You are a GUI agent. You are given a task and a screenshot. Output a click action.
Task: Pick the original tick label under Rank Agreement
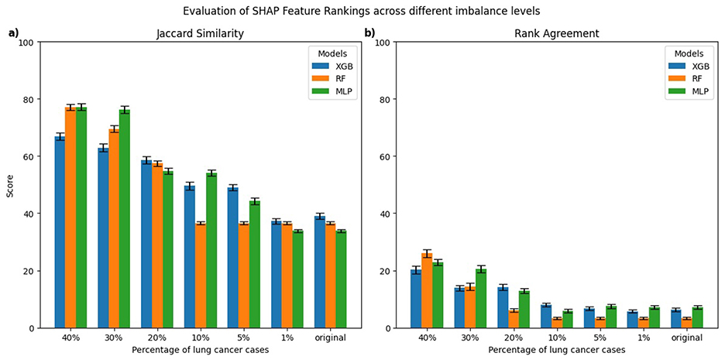pyautogui.click(x=686, y=338)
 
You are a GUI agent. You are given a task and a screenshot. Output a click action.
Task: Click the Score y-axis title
pyautogui.click(x=10, y=185)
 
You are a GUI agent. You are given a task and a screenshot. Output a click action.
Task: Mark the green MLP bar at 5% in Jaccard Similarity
pyautogui.click(x=255, y=265)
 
